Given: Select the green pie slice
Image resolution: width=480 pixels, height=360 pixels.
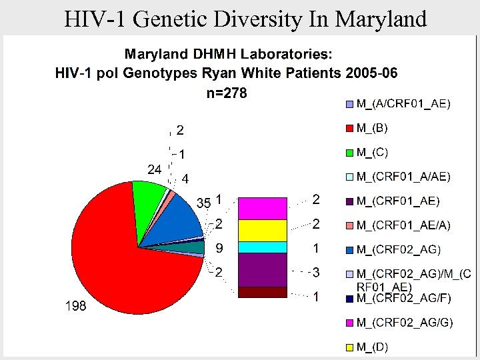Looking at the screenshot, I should click(149, 195).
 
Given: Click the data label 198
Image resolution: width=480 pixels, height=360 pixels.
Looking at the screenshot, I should click(75, 306).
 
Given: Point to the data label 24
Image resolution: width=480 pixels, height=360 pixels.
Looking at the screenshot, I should click(154, 169).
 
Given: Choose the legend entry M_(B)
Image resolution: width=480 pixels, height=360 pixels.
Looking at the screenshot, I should click(372, 127).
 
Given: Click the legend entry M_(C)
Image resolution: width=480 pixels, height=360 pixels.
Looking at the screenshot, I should click(372, 152).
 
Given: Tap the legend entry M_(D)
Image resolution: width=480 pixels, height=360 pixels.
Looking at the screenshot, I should click(372, 347).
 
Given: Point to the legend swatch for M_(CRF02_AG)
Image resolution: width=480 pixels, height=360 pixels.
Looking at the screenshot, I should click(350, 250).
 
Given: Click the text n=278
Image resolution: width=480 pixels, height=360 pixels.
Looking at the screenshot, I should click(227, 93).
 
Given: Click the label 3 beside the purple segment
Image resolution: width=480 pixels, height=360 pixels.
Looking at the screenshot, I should click(317, 272).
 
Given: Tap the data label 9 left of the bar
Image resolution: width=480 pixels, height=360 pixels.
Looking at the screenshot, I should click(219, 248).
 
